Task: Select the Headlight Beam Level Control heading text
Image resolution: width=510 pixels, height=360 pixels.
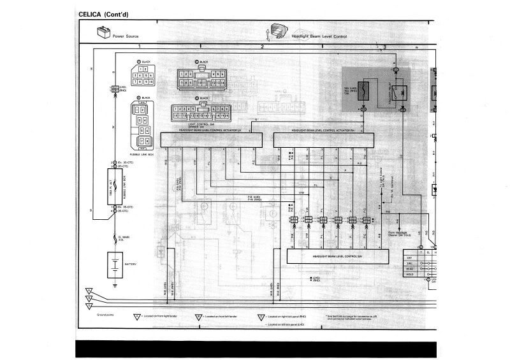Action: coord(319,36)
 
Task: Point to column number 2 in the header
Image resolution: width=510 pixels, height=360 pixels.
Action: coord(261,47)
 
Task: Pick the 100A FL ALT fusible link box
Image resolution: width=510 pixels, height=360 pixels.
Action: coord(115,186)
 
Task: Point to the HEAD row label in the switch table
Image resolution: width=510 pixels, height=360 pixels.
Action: coord(411,269)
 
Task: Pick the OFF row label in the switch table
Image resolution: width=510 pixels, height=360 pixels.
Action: coord(411,256)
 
